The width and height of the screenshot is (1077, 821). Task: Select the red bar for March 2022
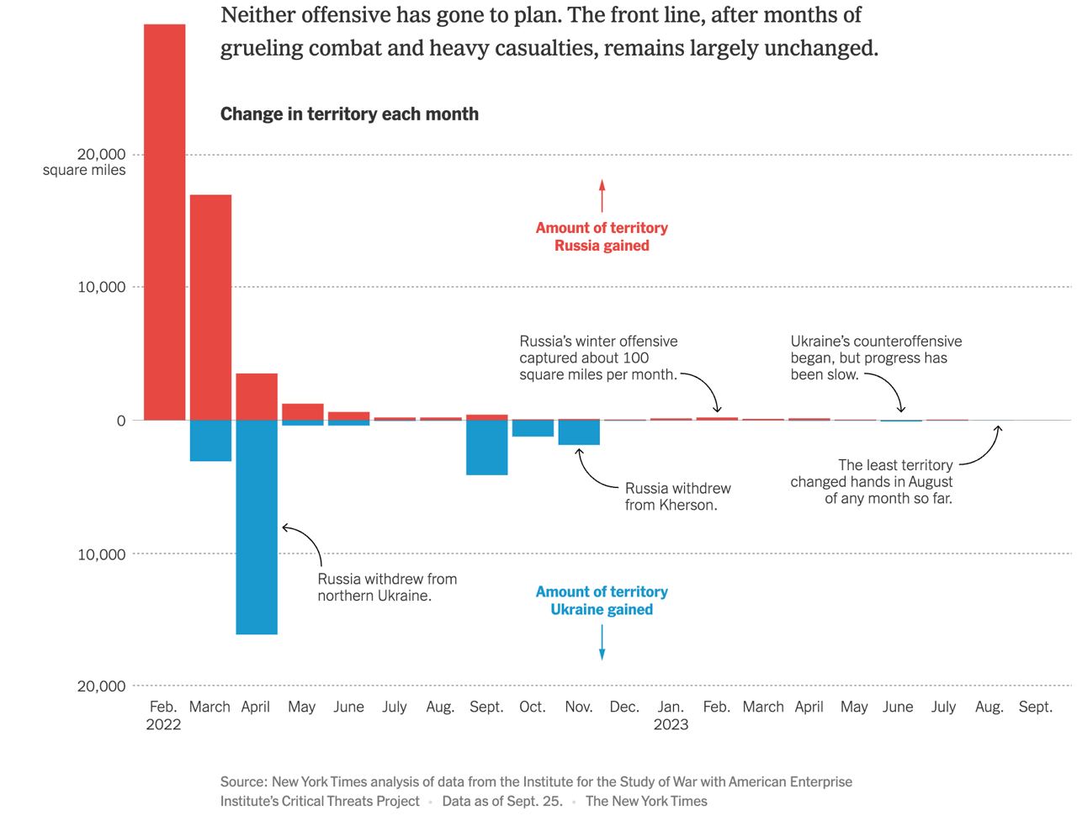(x=210, y=307)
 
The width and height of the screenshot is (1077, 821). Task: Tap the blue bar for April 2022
(x=257, y=527)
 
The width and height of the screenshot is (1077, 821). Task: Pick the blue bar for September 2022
(x=487, y=448)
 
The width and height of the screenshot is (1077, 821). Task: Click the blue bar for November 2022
(x=579, y=432)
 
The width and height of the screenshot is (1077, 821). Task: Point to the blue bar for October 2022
(x=533, y=428)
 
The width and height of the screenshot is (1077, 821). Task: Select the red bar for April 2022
(x=257, y=396)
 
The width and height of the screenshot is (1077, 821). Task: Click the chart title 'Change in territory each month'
(x=349, y=114)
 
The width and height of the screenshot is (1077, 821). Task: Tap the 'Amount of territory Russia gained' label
(x=602, y=236)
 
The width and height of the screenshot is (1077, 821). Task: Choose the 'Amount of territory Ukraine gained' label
(x=602, y=601)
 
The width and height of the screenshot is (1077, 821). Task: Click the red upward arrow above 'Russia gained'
(x=602, y=195)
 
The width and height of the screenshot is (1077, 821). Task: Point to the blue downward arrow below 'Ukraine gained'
(x=602, y=643)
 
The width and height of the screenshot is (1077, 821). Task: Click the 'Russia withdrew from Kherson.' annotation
(x=677, y=496)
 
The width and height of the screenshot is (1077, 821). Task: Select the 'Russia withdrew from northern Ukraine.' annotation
(x=387, y=587)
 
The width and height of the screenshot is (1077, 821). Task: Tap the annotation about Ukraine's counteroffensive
(x=875, y=358)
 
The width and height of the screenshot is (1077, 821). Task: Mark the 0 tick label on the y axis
(x=121, y=421)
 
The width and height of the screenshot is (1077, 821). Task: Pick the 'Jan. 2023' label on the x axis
(x=671, y=715)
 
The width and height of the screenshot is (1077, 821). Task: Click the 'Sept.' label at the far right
(x=1035, y=707)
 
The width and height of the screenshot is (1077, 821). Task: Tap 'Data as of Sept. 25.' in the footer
(x=502, y=801)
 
